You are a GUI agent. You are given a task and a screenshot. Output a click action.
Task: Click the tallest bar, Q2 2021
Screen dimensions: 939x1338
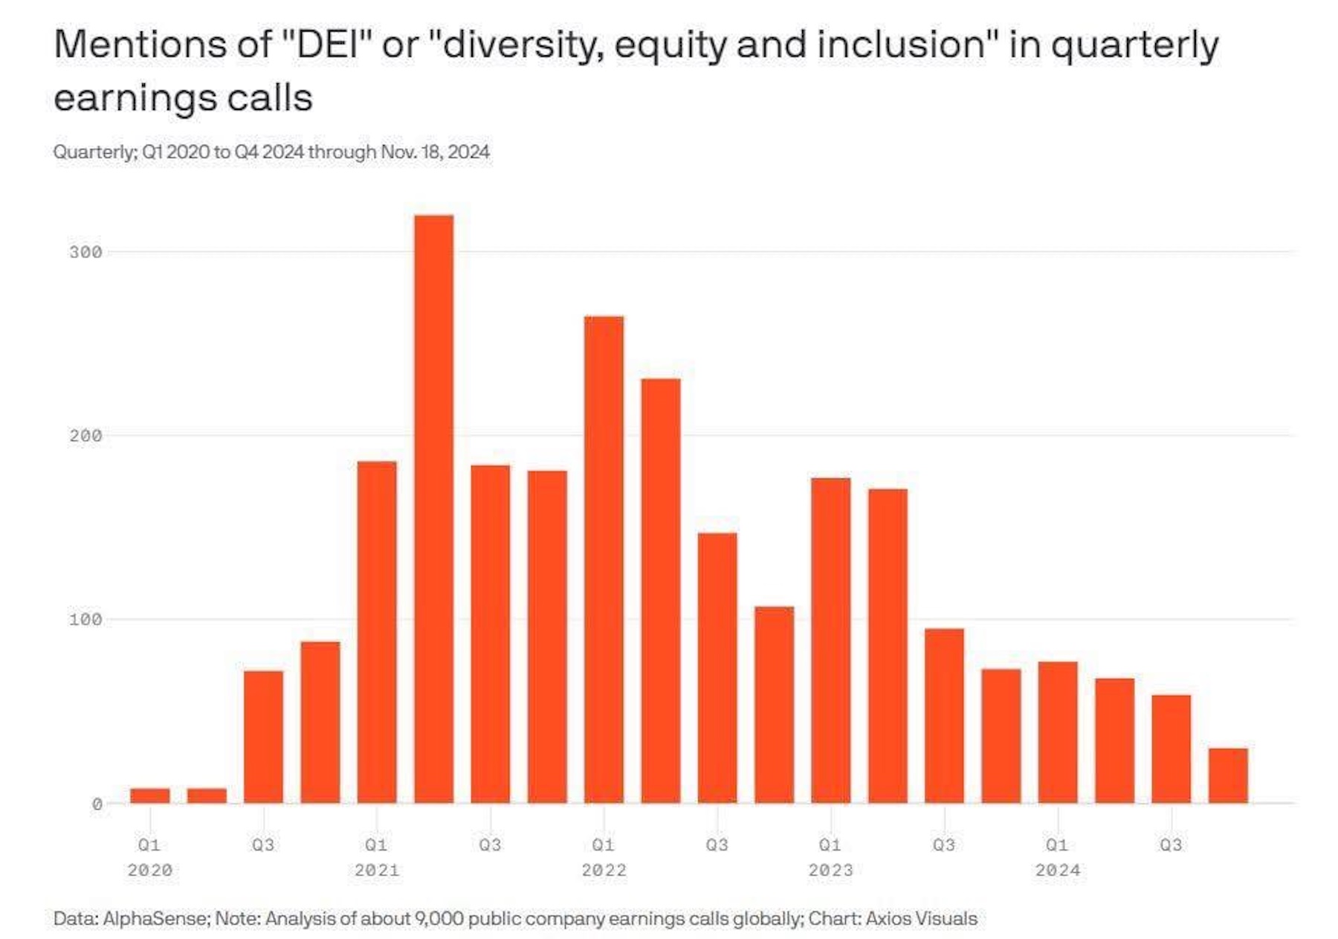(x=434, y=509)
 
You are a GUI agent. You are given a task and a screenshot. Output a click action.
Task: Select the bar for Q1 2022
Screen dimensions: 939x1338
(x=604, y=560)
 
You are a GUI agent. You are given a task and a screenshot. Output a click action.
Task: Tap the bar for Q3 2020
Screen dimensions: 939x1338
(x=263, y=737)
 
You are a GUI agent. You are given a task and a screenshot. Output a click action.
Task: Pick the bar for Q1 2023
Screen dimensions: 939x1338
(x=831, y=640)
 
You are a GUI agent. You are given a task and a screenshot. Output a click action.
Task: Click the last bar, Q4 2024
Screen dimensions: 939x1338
(x=1228, y=775)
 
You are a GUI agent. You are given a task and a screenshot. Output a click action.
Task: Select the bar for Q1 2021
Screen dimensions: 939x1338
(x=377, y=632)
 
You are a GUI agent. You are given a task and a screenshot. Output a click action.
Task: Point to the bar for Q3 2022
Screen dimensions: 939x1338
(x=717, y=668)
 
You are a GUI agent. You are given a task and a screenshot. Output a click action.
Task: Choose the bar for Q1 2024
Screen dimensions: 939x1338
(x=1058, y=732)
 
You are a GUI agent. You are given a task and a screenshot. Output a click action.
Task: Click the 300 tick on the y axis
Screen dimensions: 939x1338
(x=85, y=253)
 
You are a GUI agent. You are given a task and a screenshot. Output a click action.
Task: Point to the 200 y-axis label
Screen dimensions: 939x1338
(x=85, y=436)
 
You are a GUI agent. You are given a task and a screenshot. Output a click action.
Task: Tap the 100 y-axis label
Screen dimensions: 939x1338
(x=85, y=620)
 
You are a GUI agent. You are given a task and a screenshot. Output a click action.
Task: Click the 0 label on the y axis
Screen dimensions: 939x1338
(x=97, y=804)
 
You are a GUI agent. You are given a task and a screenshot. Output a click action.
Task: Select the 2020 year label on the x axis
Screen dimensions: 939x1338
(x=150, y=871)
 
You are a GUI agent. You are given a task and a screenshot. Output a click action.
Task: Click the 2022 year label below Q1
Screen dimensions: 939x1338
(x=604, y=871)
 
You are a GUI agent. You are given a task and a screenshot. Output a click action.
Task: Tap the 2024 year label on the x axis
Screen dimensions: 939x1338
(x=1058, y=871)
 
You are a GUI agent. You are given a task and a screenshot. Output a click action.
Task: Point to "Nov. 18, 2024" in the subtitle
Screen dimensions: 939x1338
(x=435, y=152)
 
